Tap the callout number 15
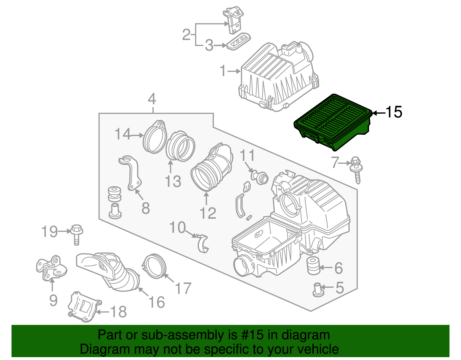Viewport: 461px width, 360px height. click(x=394, y=112)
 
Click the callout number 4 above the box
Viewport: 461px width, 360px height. click(x=152, y=99)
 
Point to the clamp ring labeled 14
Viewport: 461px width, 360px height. click(x=155, y=137)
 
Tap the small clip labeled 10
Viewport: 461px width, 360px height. click(x=203, y=244)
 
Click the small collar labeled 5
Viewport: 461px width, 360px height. click(x=317, y=290)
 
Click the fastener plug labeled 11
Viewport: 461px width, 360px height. click(x=260, y=177)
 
